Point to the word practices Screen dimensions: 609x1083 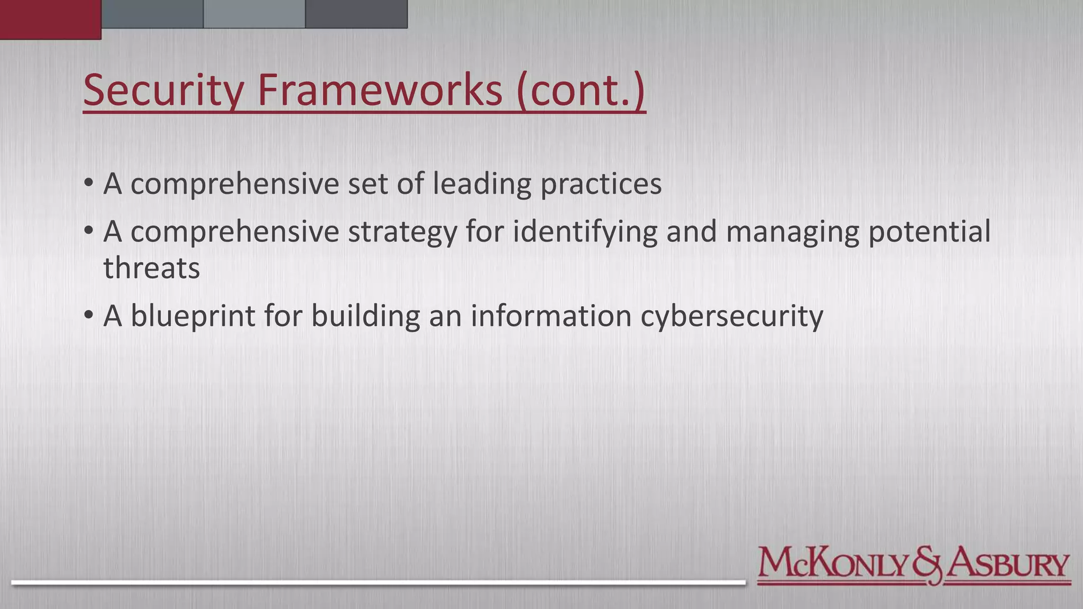point(601,184)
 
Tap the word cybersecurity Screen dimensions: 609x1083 point(732,316)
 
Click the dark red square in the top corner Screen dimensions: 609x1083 point(50,19)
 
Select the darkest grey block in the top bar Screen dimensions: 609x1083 point(356,14)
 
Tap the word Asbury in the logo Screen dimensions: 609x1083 point(1007,565)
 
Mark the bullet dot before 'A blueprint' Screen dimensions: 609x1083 point(88,316)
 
